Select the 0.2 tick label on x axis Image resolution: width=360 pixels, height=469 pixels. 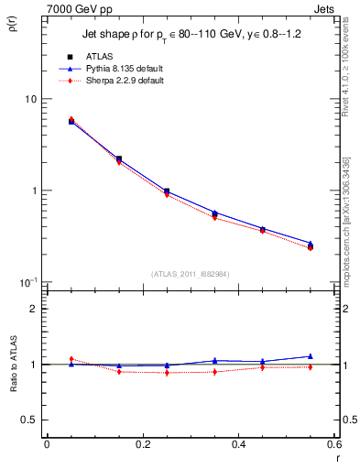(143, 444)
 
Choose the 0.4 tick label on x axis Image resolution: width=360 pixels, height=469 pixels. (239, 444)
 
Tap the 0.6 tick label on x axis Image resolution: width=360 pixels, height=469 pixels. (335, 444)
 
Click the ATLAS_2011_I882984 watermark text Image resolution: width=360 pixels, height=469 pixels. (191, 273)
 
